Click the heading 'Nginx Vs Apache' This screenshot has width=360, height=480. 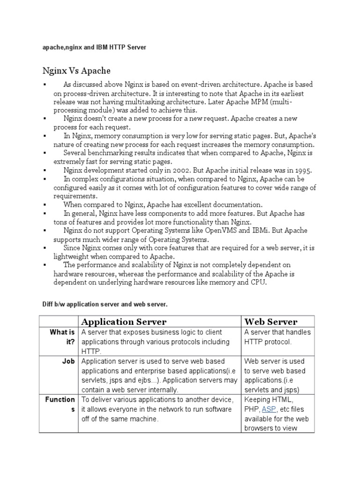click(76, 71)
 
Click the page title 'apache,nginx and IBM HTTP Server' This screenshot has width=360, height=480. click(94, 47)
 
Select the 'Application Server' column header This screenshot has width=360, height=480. click(124, 322)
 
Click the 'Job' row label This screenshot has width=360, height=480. click(68, 361)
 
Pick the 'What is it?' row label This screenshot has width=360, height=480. click(62, 337)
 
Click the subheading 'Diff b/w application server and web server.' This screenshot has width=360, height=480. click(105, 304)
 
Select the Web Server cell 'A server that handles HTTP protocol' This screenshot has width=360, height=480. click(277, 337)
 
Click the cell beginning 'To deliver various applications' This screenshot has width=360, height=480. click(157, 409)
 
